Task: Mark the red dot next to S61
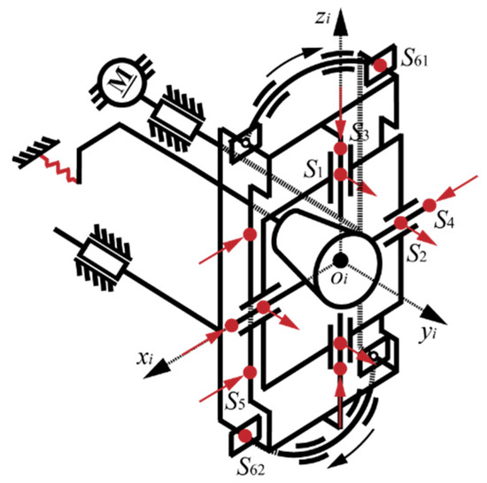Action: click(x=380, y=65)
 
